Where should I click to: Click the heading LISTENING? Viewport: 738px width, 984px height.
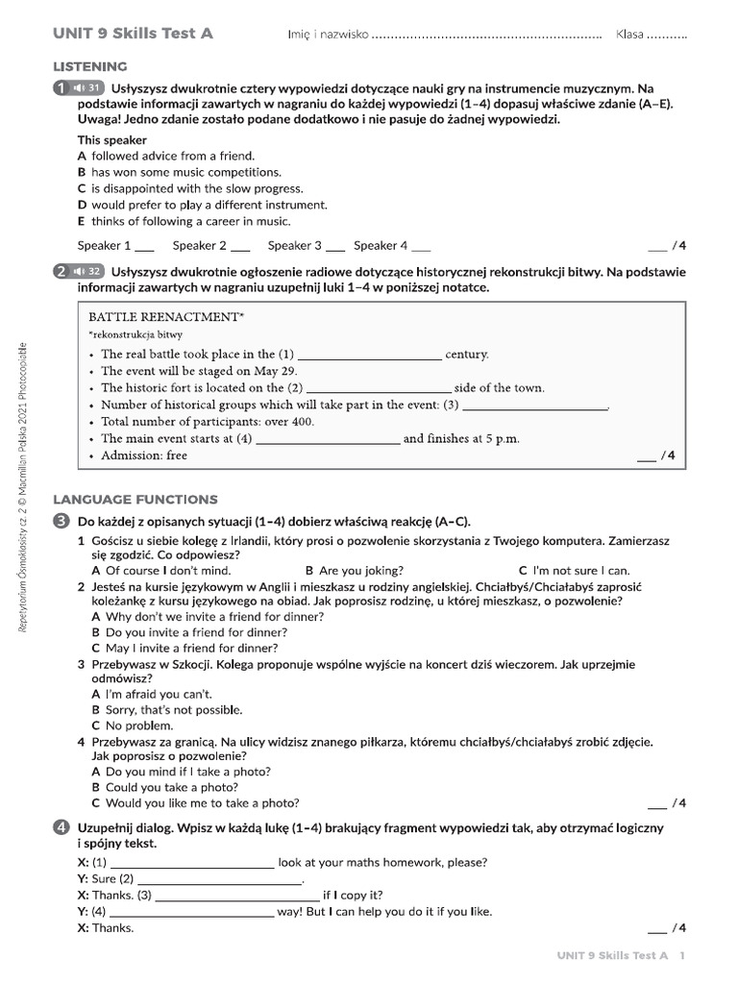pos(89,66)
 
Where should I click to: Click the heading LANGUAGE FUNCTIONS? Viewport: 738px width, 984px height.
pos(135,500)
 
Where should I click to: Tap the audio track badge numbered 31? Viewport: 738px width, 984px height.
pos(87,88)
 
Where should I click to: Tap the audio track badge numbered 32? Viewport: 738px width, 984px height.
pos(87,272)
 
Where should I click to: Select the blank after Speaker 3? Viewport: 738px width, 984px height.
pos(335,246)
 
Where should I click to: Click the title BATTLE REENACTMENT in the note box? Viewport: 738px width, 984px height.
pos(166,316)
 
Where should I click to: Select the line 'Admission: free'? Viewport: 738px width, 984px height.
pos(144,455)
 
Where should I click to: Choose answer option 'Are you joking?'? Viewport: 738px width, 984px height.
pos(354,570)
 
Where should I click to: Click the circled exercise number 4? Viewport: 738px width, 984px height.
pos(61,827)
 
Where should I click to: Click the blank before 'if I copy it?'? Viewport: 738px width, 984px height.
pos(236,895)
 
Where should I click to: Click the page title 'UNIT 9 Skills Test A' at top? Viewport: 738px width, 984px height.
pos(133,34)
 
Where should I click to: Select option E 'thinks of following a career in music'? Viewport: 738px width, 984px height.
pos(184,221)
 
